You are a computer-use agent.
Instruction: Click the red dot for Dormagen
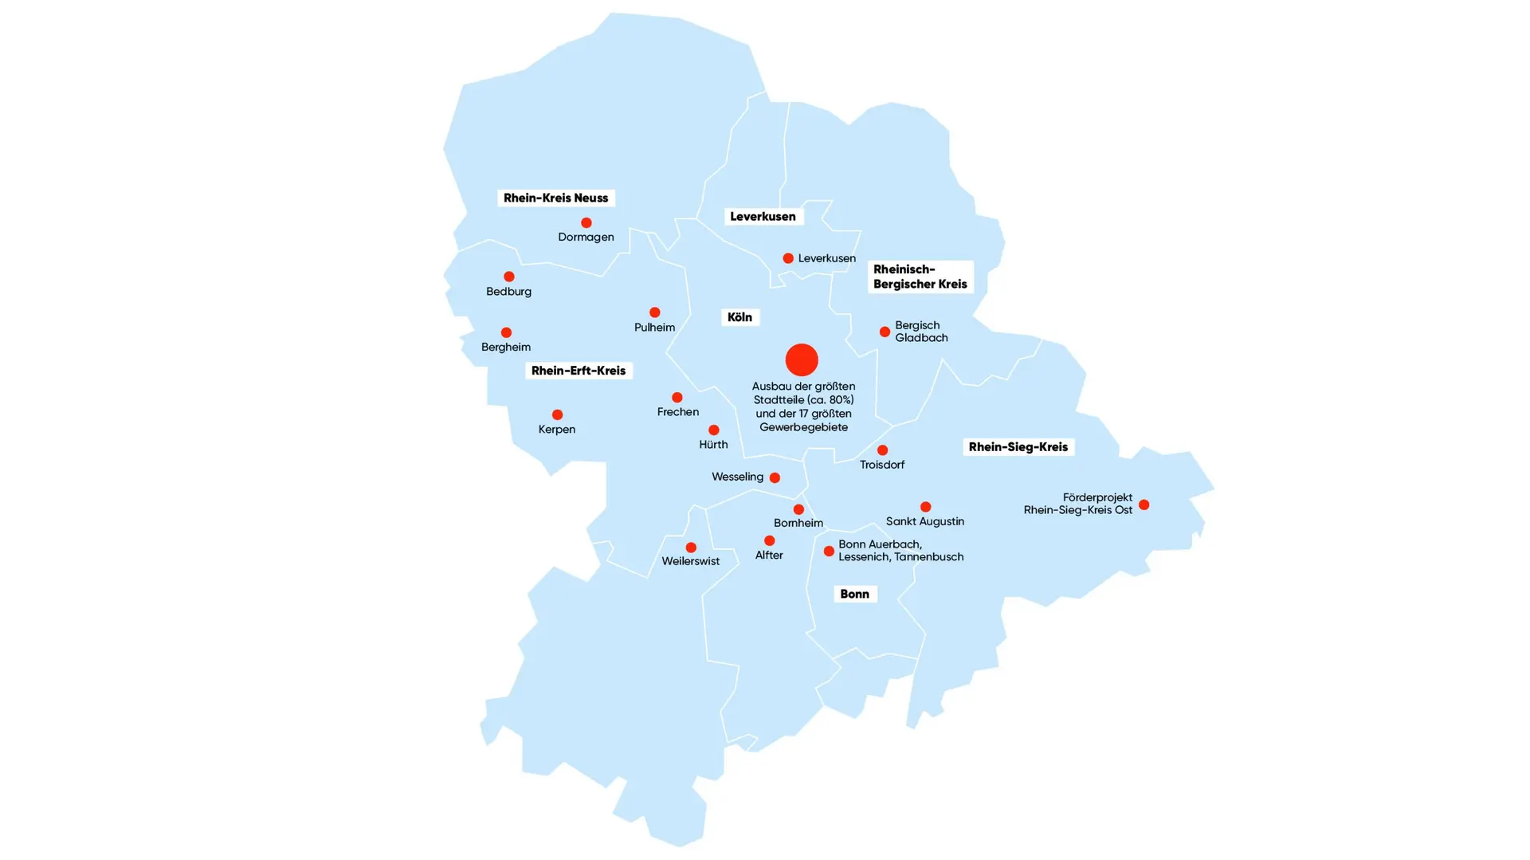tap(586, 223)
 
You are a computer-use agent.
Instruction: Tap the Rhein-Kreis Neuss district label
tap(555, 198)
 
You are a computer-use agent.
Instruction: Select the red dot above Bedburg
tap(509, 277)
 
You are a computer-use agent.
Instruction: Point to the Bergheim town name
tap(506, 348)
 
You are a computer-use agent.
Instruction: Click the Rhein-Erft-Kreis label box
tap(579, 371)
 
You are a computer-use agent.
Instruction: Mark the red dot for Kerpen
tap(558, 414)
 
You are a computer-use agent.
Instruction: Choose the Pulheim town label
tap(654, 328)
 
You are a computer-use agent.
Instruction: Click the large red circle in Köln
tap(802, 359)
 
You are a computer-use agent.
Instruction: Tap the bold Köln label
tap(739, 317)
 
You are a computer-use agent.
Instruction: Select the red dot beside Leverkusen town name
tap(788, 258)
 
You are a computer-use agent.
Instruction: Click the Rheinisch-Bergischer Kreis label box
tap(920, 277)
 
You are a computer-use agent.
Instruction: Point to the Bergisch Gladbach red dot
tap(885, 332)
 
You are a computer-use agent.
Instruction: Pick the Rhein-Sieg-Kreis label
tap(1018, 447)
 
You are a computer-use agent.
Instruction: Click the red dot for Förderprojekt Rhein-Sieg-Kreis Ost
tap(1144, 505)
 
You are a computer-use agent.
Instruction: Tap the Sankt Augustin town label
tap(924, 522)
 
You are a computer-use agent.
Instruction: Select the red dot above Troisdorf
tap(882, 450)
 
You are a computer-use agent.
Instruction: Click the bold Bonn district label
tap(854, 594)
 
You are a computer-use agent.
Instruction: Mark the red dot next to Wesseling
tap(775, 478)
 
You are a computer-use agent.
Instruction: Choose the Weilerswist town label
tap(690, 561)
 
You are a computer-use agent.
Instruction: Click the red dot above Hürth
tap(714, 430)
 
